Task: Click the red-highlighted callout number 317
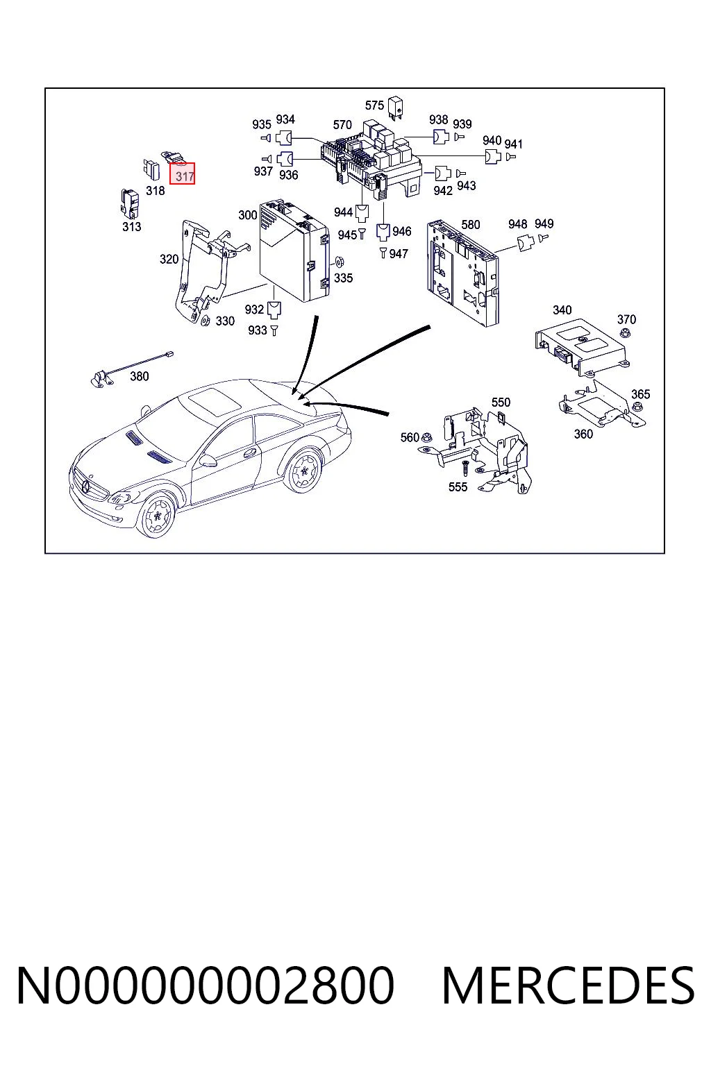pyautogui.click(x=184, y=176)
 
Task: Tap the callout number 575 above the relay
pyautogui.click(x=374, y=105)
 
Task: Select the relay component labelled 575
pyautogui.click(x=395, y=108)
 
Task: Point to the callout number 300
pyautogui.click(x=248, y=215)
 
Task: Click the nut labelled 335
pyautogui.click(x=340, y=262)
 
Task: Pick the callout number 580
pyautogui.click(x=471, y=225)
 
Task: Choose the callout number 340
pyautogui.click(x=562, y=310)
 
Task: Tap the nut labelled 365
pyautogui.click(x=637, y=407)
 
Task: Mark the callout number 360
pyautogui.click(x=583, y=434)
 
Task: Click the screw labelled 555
pyautogui.click(x=465, y=468)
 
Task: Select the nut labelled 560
pyautogui.click(x=427, y=437)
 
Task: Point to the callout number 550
pyautogui.click(x=501, y=402)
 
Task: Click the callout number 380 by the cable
pyautogui.click(x=140, y=376)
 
